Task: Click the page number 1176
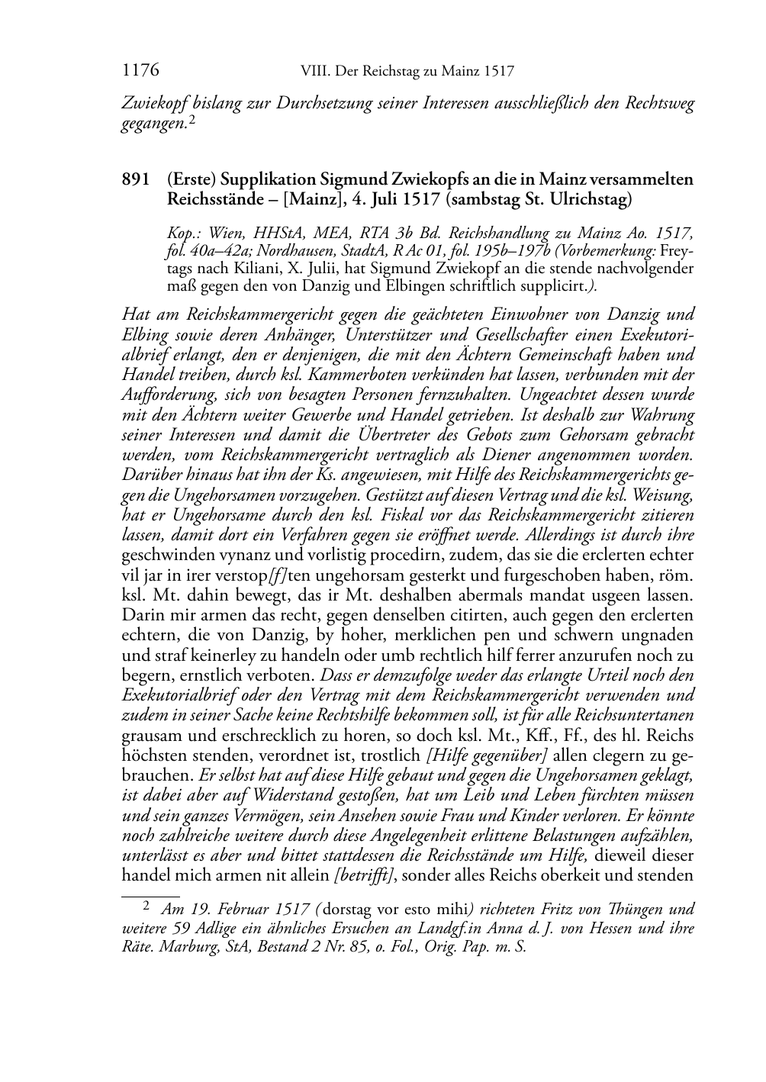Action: click(x=140, y=71)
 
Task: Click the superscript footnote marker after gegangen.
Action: click(x=192, y=119)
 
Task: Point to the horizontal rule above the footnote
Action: click(x=150, y=890)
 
